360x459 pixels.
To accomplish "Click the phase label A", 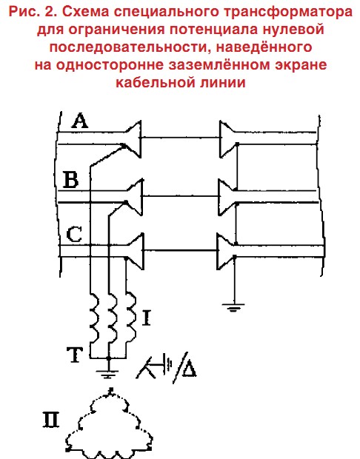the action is [80, 121].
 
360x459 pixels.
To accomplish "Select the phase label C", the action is [74, 235].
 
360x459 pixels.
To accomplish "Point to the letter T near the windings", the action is [75, 355].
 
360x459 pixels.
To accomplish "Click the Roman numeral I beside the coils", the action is [146, 318].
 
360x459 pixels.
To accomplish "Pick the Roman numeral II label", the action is [51, 420].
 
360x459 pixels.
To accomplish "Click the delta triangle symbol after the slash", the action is [189, 368].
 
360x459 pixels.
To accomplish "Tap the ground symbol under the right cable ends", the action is [233, 308].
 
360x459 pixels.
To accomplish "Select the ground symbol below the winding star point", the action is [108, 374].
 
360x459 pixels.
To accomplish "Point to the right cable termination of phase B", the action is [225, 198].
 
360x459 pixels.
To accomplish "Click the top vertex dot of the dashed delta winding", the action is [110, 389].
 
